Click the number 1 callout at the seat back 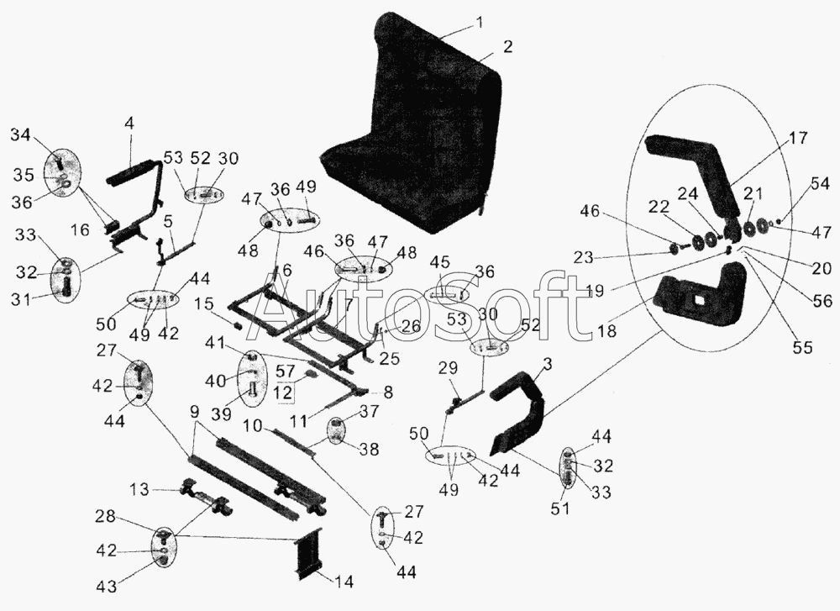(x=480, y=23)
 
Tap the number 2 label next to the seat (x=508, y=46)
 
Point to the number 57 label (x=285, y=371)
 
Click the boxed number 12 (x=285, y=392)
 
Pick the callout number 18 (x=606, y=330)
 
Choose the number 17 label (x=797, y=138)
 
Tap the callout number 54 (x=820, y=184)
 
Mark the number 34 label (x=22, y=135)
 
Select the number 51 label (x=560, y=508)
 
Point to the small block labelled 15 (x=239, y=324)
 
